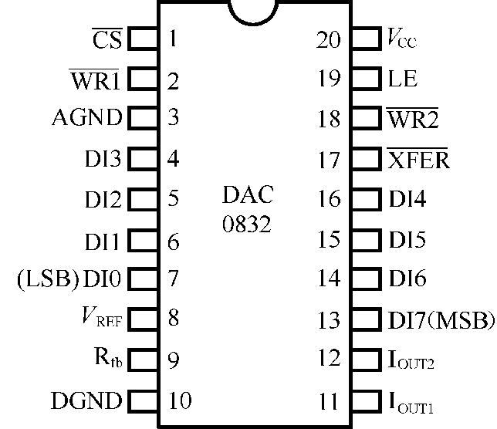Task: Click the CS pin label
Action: [x=107, y=39]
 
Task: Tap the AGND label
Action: [x=86, y=118]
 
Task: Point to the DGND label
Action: [x=86, y=401]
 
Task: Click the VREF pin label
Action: [x=104, y=318]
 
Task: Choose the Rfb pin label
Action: [x=108, y=358]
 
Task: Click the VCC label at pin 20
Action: [x=401, y=39]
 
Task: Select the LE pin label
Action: [x=401, y=79]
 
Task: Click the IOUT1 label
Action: [x=409, y=402]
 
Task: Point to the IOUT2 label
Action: [x=409, y=360]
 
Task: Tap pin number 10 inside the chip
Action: [x=179, y=401]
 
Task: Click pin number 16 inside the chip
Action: [x=328, y=199]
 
